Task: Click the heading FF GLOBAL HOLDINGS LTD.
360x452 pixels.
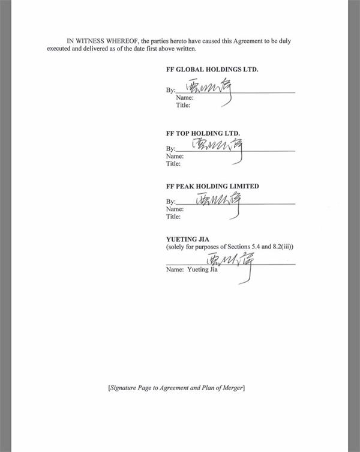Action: [212, 70]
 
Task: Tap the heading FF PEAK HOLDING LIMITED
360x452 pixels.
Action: [212, 187]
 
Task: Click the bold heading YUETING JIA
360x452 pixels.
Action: [187, 239]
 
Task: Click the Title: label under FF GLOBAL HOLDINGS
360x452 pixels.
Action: [183, 105]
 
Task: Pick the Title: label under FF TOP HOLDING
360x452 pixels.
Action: [173, 163]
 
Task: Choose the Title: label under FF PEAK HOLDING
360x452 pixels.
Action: [173, 217]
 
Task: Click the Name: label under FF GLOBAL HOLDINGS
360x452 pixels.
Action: [185, 98]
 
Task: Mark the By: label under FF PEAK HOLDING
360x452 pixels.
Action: [170, 202]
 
